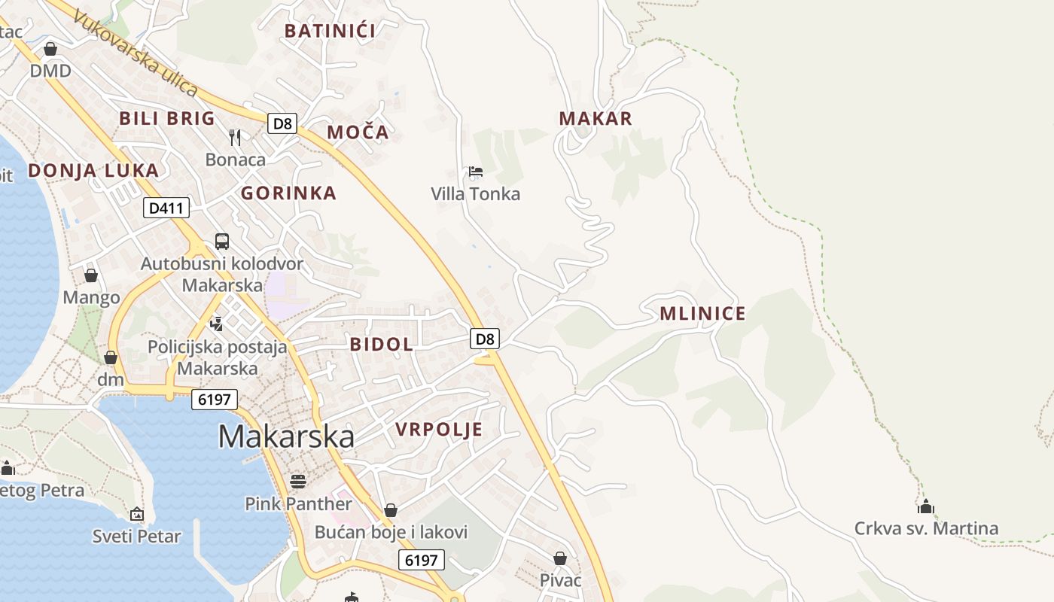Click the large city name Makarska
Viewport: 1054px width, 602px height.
[286, 437]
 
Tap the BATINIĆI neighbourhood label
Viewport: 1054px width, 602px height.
[330, 31]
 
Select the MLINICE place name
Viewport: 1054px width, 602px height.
[702, 314]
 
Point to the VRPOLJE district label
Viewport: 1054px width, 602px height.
[439, 430]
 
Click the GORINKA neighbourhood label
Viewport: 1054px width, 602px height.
[288, 193]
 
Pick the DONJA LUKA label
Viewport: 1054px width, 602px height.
[93, 170]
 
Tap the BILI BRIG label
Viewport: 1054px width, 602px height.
[167, 118]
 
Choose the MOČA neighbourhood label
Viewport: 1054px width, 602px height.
[358, 132]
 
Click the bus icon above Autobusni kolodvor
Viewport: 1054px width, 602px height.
[222, 242]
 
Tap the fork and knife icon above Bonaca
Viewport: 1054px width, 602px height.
[235, 137]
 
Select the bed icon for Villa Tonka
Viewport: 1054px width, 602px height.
[475, 172]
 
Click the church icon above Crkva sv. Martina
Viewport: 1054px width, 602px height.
[926, 506]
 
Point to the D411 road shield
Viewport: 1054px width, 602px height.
[166, 208]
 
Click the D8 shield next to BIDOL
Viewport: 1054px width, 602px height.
[486, 339]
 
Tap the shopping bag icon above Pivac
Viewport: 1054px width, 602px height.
[560, 558]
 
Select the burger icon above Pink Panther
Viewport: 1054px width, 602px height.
[298, 482]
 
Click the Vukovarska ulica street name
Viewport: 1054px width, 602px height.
[136, 53]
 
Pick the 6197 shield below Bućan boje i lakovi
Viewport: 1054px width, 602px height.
[421, 560]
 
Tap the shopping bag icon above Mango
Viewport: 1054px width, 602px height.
[91, 275]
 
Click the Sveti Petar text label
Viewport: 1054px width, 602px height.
[136, 537]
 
